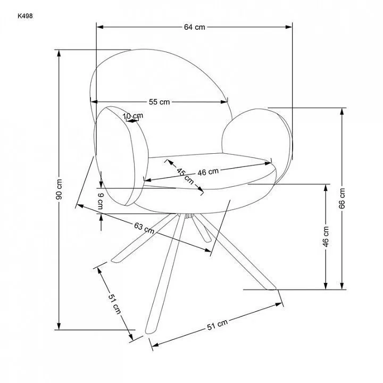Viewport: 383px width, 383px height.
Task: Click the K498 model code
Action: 25,16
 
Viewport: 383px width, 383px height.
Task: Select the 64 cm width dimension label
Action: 195,27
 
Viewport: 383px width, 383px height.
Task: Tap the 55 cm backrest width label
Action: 159,102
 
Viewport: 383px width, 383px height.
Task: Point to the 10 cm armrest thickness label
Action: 133,116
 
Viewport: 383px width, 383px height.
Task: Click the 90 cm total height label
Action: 59,189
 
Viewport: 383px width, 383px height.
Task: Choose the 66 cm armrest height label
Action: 342,198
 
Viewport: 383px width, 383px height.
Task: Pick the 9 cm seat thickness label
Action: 101,201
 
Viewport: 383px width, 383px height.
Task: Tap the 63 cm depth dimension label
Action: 144,228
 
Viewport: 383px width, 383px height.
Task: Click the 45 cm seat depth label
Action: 185,176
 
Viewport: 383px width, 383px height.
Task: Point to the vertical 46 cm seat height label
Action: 326,236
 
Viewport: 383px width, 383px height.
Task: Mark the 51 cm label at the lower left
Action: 114,304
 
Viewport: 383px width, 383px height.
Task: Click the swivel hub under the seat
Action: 189,215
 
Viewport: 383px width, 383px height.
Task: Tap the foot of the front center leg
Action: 150,331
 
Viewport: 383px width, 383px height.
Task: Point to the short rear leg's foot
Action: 207,240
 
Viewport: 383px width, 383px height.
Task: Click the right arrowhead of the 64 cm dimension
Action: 289,27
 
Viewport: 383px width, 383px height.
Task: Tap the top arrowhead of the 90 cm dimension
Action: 59,53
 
